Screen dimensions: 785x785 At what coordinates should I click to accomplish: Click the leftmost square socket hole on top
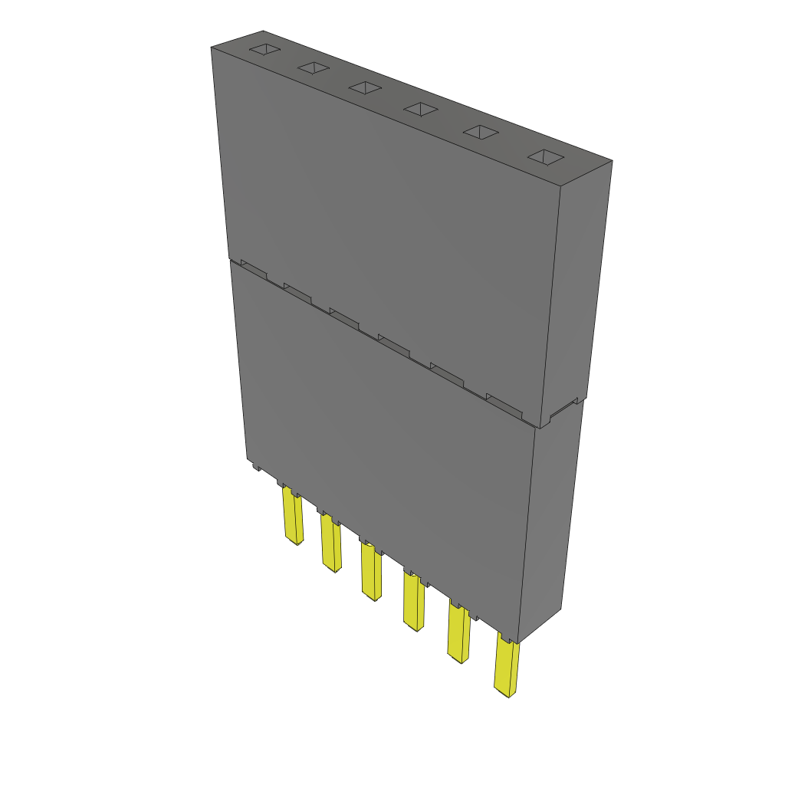click(262, 50)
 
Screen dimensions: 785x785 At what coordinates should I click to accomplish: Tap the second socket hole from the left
click(313, 68)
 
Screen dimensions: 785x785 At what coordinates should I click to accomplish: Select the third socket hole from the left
click(365, 88)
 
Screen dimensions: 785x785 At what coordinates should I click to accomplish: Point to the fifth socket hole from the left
click(480, 133)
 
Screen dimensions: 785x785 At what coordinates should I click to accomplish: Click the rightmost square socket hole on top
click(545, 157)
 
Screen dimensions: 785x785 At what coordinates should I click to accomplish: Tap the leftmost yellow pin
click(292, 517)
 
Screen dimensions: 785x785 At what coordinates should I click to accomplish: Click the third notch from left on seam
click(343, 317)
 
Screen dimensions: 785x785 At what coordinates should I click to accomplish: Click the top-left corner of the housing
click(212, 48)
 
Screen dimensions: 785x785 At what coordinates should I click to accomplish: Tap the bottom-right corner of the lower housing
click(519, 642)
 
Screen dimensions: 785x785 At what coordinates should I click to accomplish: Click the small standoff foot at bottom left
click(254, 464)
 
